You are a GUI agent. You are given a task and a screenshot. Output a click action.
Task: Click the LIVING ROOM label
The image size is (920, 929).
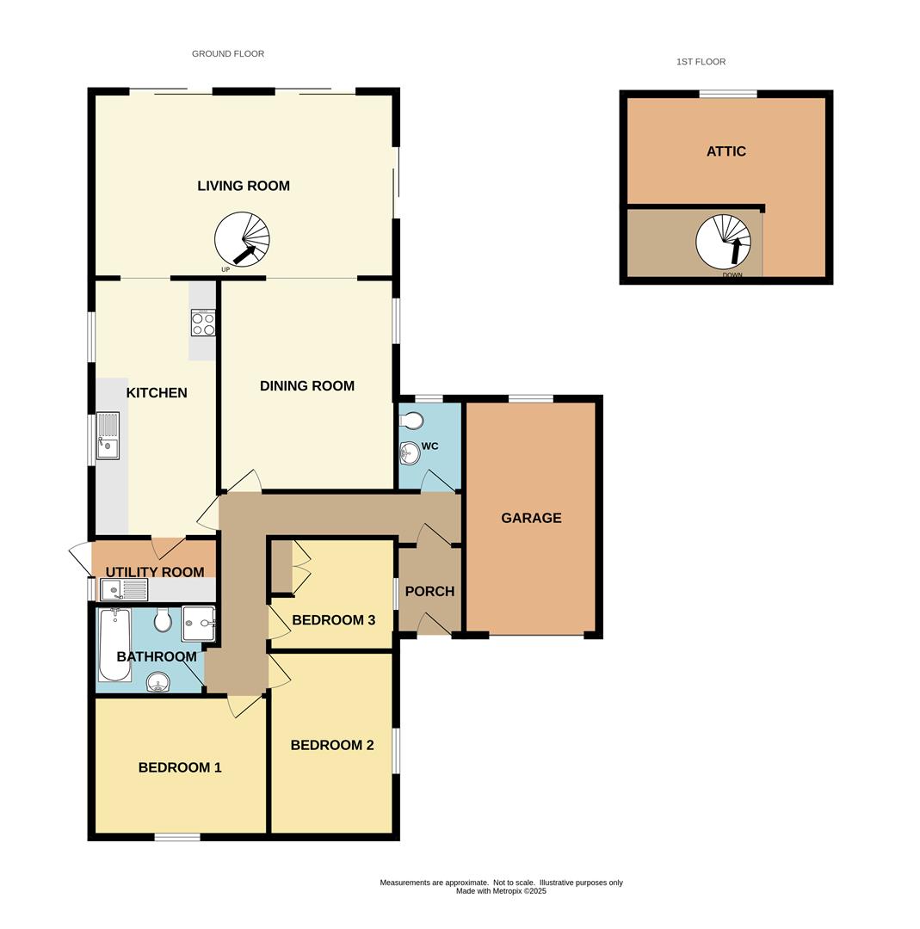click(x=244, y=186)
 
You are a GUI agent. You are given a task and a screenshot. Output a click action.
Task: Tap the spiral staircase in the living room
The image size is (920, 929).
click(x=242, y=239)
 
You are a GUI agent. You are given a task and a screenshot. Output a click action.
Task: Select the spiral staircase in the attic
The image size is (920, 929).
click(x=723, y=242)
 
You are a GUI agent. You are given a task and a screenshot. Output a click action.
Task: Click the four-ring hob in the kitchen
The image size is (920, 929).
click(x=203, y=323)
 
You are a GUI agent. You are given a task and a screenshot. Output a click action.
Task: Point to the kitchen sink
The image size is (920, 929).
click(x=108, y=436)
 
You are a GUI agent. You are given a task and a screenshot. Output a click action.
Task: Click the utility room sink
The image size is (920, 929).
click(x=124, y=590)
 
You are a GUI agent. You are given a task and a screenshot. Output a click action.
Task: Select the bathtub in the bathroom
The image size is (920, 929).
click(x=114, y=644)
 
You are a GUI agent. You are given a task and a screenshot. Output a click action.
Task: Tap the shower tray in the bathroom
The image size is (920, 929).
click(x=198, y=623)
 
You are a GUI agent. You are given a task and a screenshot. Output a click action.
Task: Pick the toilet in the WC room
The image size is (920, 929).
click(x=412, y=421)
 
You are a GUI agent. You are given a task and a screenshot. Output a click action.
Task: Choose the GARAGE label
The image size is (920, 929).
click(x=531, y=518)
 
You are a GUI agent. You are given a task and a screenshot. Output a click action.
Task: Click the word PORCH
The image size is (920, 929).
click(x=429, y=592)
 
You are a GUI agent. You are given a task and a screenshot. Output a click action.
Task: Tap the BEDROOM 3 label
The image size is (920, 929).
click(x=333, y=620)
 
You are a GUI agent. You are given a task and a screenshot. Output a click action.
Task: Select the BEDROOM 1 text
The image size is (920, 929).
click(x=180, y=767)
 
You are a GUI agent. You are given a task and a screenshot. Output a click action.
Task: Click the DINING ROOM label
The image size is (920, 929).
click(x=307, y=386)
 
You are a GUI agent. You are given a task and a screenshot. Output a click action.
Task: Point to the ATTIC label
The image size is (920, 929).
click(x=726, y=151)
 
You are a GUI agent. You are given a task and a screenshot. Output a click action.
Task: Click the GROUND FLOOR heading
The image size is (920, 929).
click(x=228, y=53)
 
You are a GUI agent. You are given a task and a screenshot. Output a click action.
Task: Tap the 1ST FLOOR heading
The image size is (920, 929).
click(x=701, y=62)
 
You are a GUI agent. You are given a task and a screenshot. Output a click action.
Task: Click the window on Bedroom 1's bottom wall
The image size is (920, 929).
click(x=177, y=836)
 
